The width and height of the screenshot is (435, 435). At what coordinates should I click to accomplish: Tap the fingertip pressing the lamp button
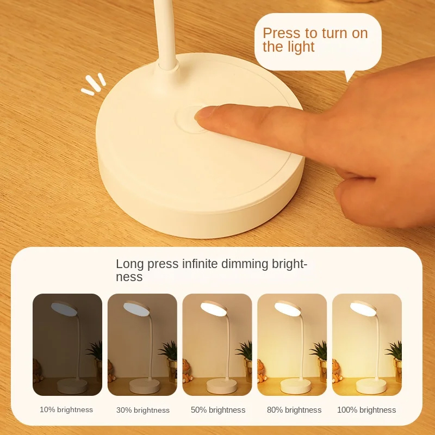pyautogui.click(x=204, y=114)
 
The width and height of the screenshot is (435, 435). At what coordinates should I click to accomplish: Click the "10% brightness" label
pyautogui.click(x=66, y=409)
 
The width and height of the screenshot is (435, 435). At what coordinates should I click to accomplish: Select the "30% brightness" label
pyautogui.click(x=143, y=410)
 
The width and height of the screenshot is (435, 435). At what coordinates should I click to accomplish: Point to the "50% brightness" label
pyautogui.click(x=218, y=410)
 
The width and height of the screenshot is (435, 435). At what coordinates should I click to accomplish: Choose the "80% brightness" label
pyautogui.click(x=294, y=410)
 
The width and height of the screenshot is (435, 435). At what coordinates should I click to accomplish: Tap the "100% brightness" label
pyautogui.click(x=366, y=410)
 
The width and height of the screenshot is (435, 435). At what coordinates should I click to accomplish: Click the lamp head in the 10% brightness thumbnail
pyautogui.click(x=64, y=308)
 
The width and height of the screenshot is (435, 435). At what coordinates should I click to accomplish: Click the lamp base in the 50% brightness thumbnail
pyautogui.click(x=222, y=386)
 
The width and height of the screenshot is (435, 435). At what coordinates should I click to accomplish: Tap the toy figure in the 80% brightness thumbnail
pyautogui.click(x=262, y=371)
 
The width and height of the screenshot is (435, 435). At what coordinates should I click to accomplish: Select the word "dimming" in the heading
pyautogui.click(x=245, y=264)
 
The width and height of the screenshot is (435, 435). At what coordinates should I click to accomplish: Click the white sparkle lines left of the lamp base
pyautogui.click(x=94, y=84)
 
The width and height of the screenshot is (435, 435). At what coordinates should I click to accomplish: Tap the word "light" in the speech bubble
pyautogui.click(x=301, y=47)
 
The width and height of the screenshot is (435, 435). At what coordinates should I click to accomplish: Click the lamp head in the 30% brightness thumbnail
pyautogui.click(x=136, y=308)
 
